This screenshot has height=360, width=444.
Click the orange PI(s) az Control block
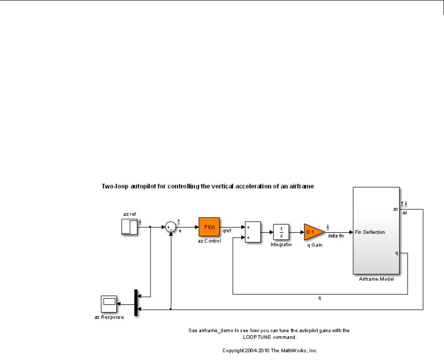point(209,227)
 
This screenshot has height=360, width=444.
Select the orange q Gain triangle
point(313,232)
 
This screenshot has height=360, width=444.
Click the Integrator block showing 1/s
point(281,232)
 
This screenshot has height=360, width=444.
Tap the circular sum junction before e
point(170,227)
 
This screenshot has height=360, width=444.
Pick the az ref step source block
point(129,227)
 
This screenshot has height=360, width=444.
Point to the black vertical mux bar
point(136,303)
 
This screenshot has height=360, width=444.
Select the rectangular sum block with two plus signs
point(253,232)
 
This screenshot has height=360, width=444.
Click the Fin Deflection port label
point(370,232)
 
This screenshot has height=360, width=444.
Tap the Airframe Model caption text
point(376,279)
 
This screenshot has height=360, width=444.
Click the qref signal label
point(226,231)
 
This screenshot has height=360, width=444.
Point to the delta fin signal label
point(336,236)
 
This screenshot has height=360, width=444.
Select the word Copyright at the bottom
point(233,351)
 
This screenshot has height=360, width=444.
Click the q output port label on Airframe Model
point(396,253)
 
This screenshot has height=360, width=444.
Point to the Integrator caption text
point(281,245)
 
